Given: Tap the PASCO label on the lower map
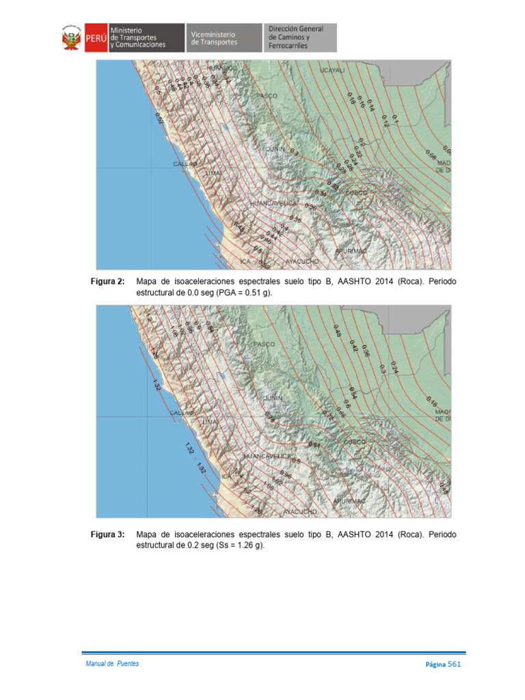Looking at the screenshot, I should pyautogui.click(x=264, y=344).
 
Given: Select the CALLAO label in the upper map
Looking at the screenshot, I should pyautogui.click(x=184, y=165).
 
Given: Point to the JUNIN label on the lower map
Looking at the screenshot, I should pyautogui.click(x=273, y=397).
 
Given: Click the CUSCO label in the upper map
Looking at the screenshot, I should pyautogui.click(x=356, y=193).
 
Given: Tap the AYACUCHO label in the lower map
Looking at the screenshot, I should pyautogui.click(x=300, y=511).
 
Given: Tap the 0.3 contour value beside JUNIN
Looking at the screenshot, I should pyautogui.click(x=294, y=152).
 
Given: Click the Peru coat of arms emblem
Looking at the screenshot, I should pyautogui.click(x=72, y=39).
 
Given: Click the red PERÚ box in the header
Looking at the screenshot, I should pyautogui.click(x=95, y=39).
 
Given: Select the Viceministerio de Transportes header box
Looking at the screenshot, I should pyautogui.click(x=224, y=38).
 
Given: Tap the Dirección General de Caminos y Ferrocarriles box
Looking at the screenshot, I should pyautogui.click(x=299, y=38).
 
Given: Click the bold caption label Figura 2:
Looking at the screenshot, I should pyautogui.click(x=108, y=282).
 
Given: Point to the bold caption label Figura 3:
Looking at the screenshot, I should pyautogui.click(x=108, y=535).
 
